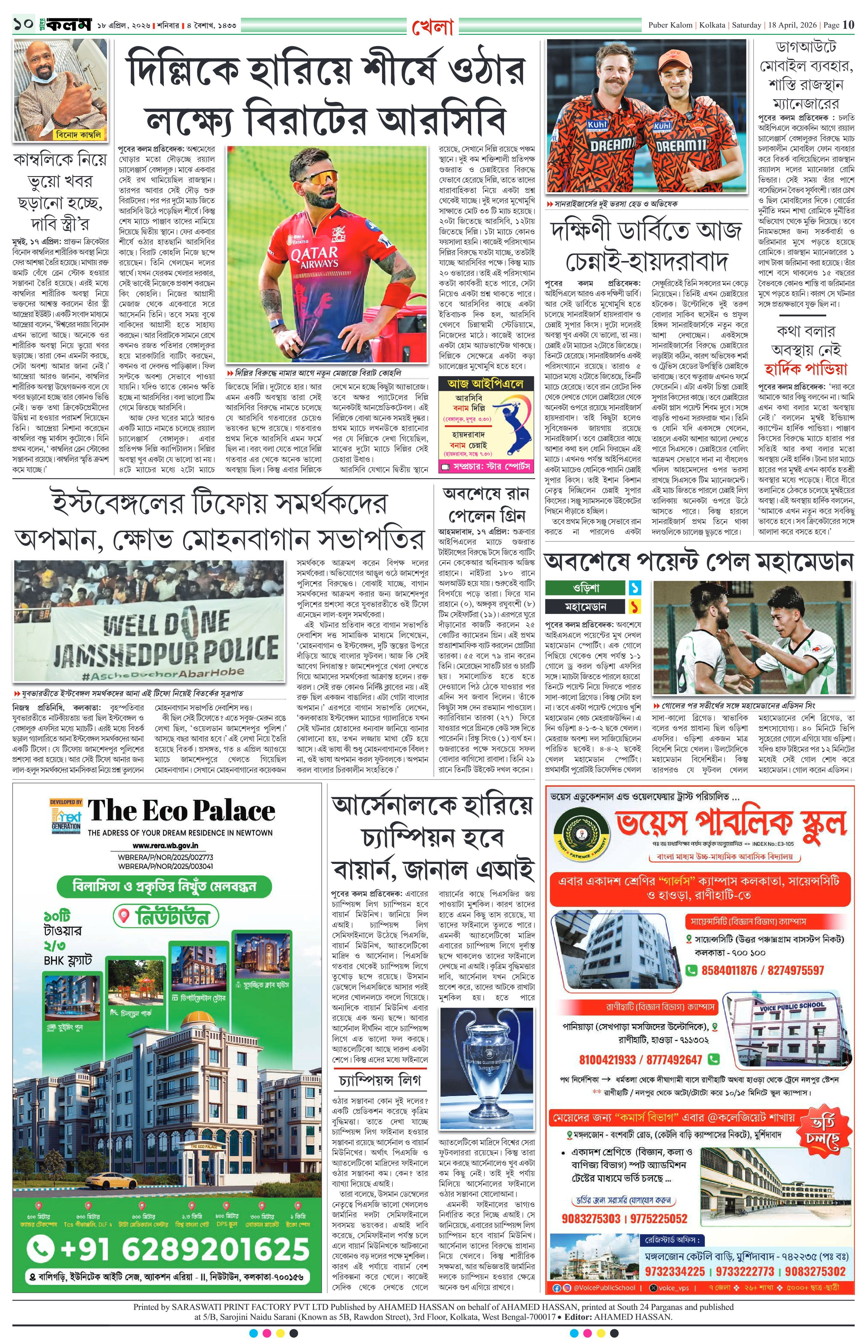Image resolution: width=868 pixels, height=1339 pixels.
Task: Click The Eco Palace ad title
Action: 181,811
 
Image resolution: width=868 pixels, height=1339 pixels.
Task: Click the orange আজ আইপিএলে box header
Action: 485,384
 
